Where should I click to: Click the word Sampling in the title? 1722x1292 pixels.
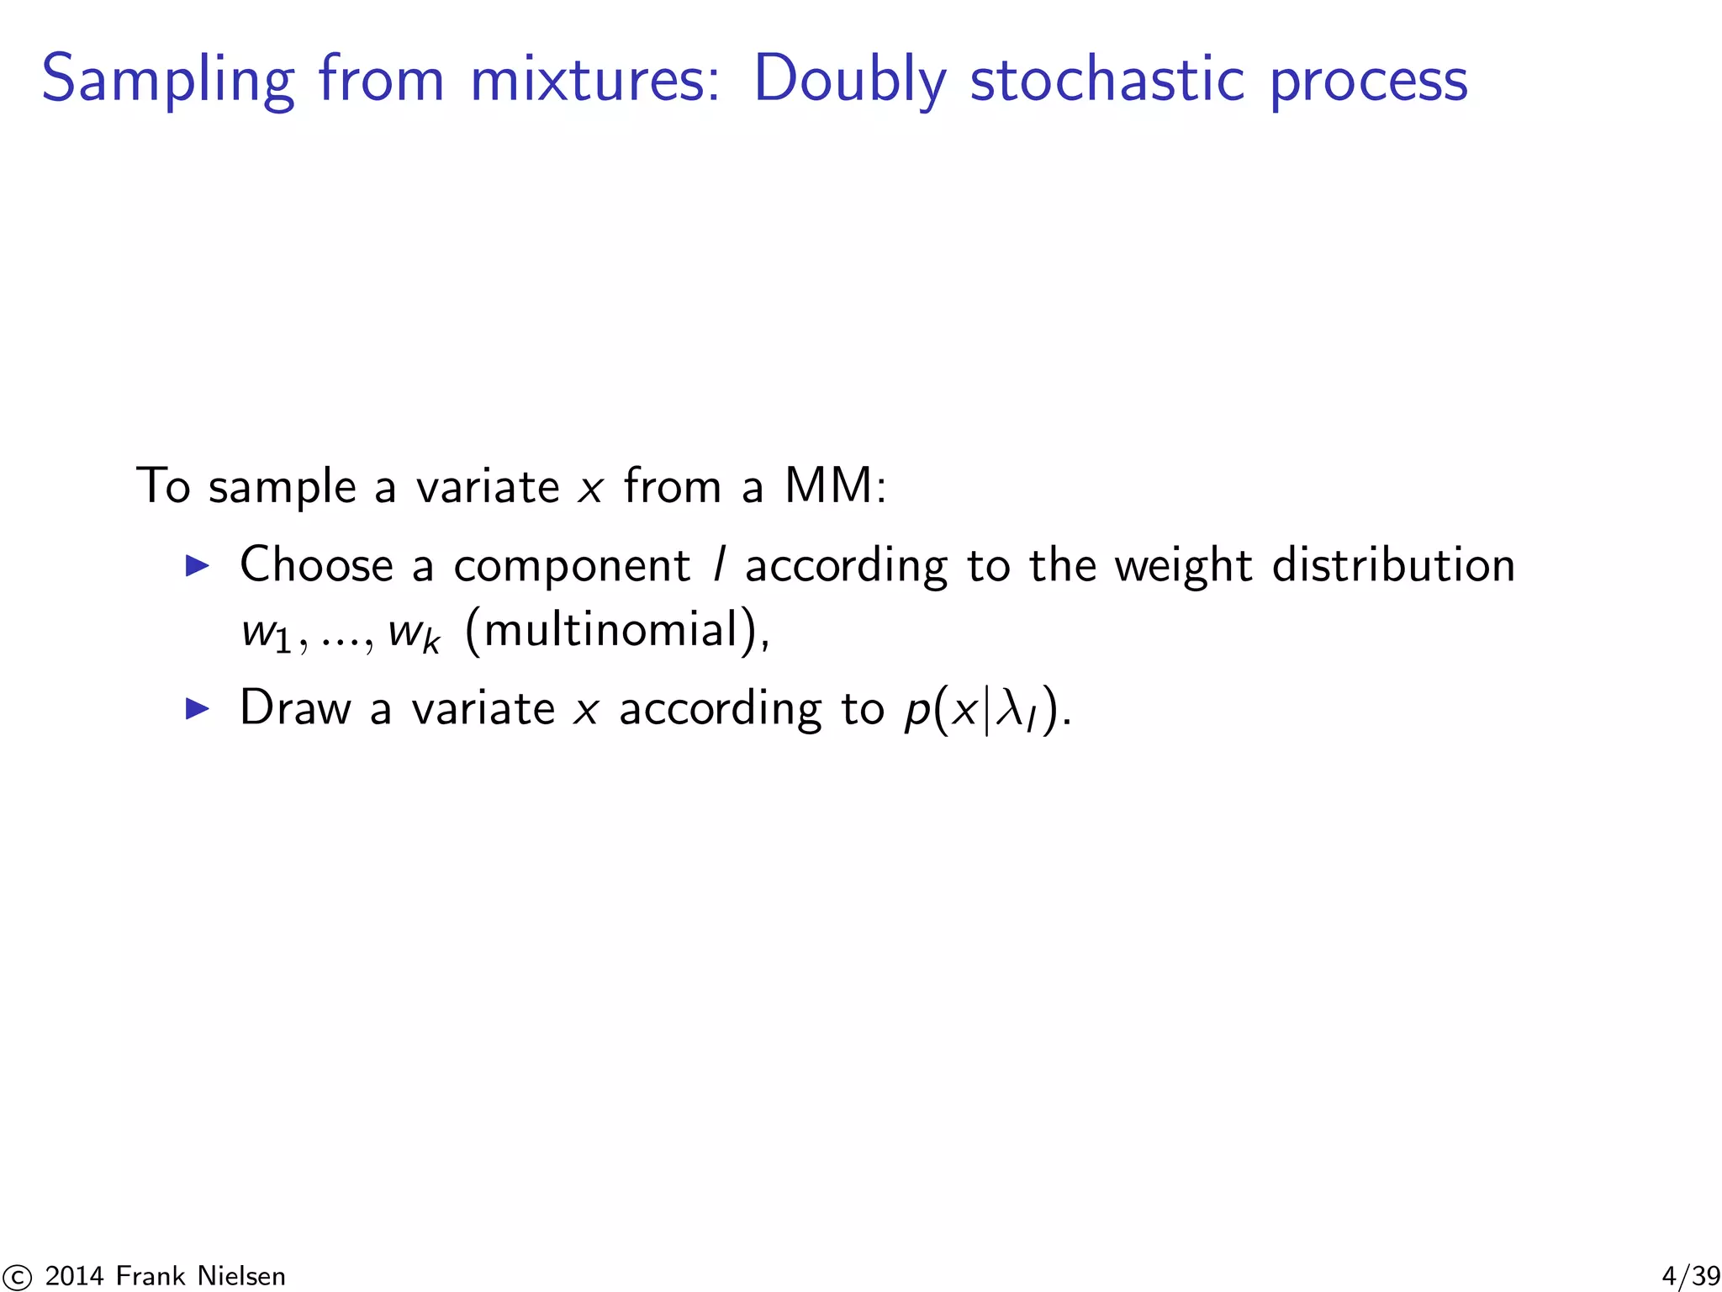click(x=168, y=80)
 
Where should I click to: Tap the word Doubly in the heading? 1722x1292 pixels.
click(x=849, y=80)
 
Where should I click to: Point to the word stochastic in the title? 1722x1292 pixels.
click(x=1107, y=80)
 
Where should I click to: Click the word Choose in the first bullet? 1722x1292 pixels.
click(x=316, y=564)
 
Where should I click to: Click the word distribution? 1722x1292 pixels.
click(x=1393, y=564)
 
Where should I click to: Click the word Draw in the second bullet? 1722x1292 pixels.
click(x=295, y=708)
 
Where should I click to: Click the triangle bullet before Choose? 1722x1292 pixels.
click(x=197, y=565)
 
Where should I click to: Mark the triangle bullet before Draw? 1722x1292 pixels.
click(x=197, y=708)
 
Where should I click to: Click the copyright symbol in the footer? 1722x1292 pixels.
click(x=16, y=1277)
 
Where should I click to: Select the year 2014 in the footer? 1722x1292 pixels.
click(x=74, y=1276)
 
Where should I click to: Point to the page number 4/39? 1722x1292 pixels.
click(x=1691, y=1276)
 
